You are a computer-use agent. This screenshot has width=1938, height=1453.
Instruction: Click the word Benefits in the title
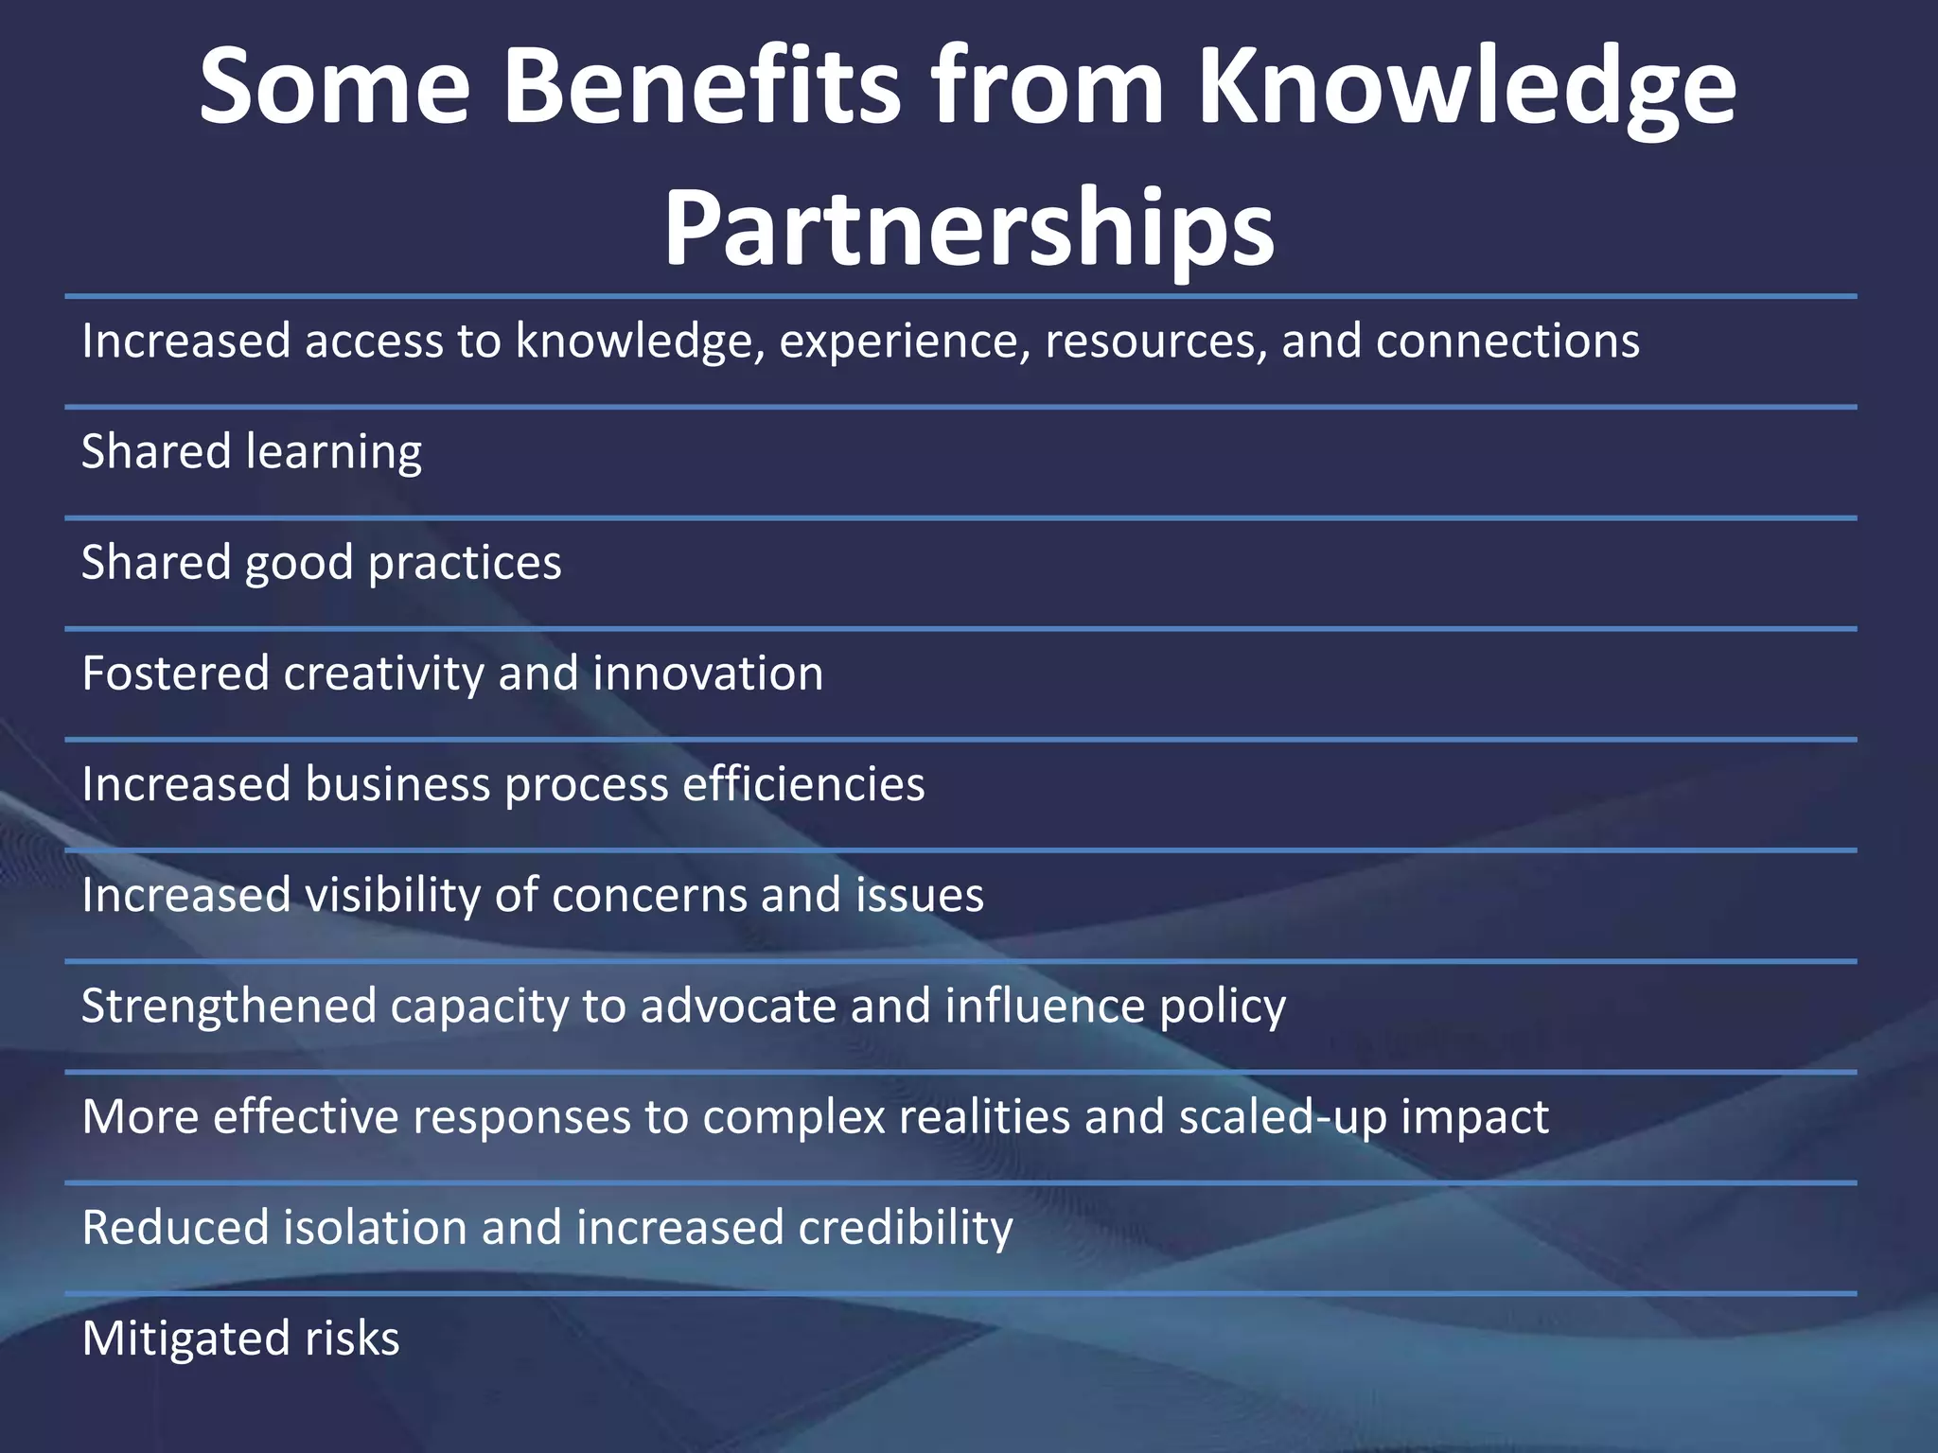pos(701,87)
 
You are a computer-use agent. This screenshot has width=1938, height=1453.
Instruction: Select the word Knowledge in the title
pos(1466,87)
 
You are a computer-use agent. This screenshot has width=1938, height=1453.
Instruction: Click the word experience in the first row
pos(905,341)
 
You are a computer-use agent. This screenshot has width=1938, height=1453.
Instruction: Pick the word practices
pos(465,564)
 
